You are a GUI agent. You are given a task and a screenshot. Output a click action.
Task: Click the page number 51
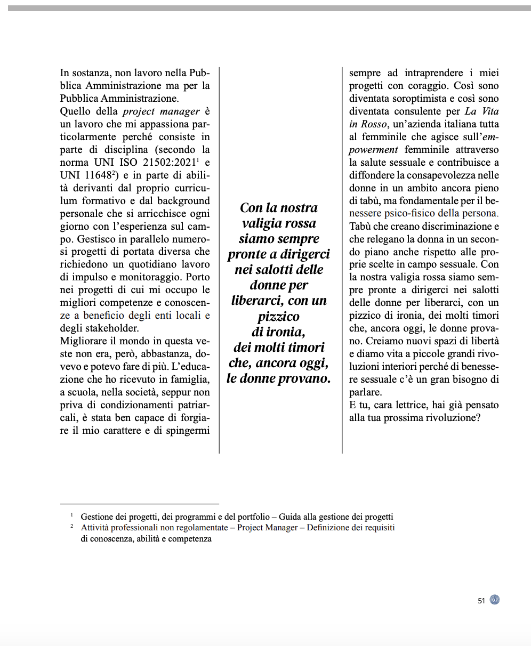point(481,601)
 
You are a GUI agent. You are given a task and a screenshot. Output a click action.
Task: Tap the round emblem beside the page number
point(495,600)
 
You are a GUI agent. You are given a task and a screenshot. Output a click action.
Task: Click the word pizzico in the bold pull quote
point(279,317)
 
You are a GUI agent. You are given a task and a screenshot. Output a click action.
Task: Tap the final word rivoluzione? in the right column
point(453,418)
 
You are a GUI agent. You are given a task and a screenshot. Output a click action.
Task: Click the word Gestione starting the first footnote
point(99,517)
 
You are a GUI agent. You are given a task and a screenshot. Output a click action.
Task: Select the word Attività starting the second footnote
point(95,528)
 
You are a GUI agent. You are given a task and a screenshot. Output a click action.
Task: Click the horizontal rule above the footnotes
point(140,504)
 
